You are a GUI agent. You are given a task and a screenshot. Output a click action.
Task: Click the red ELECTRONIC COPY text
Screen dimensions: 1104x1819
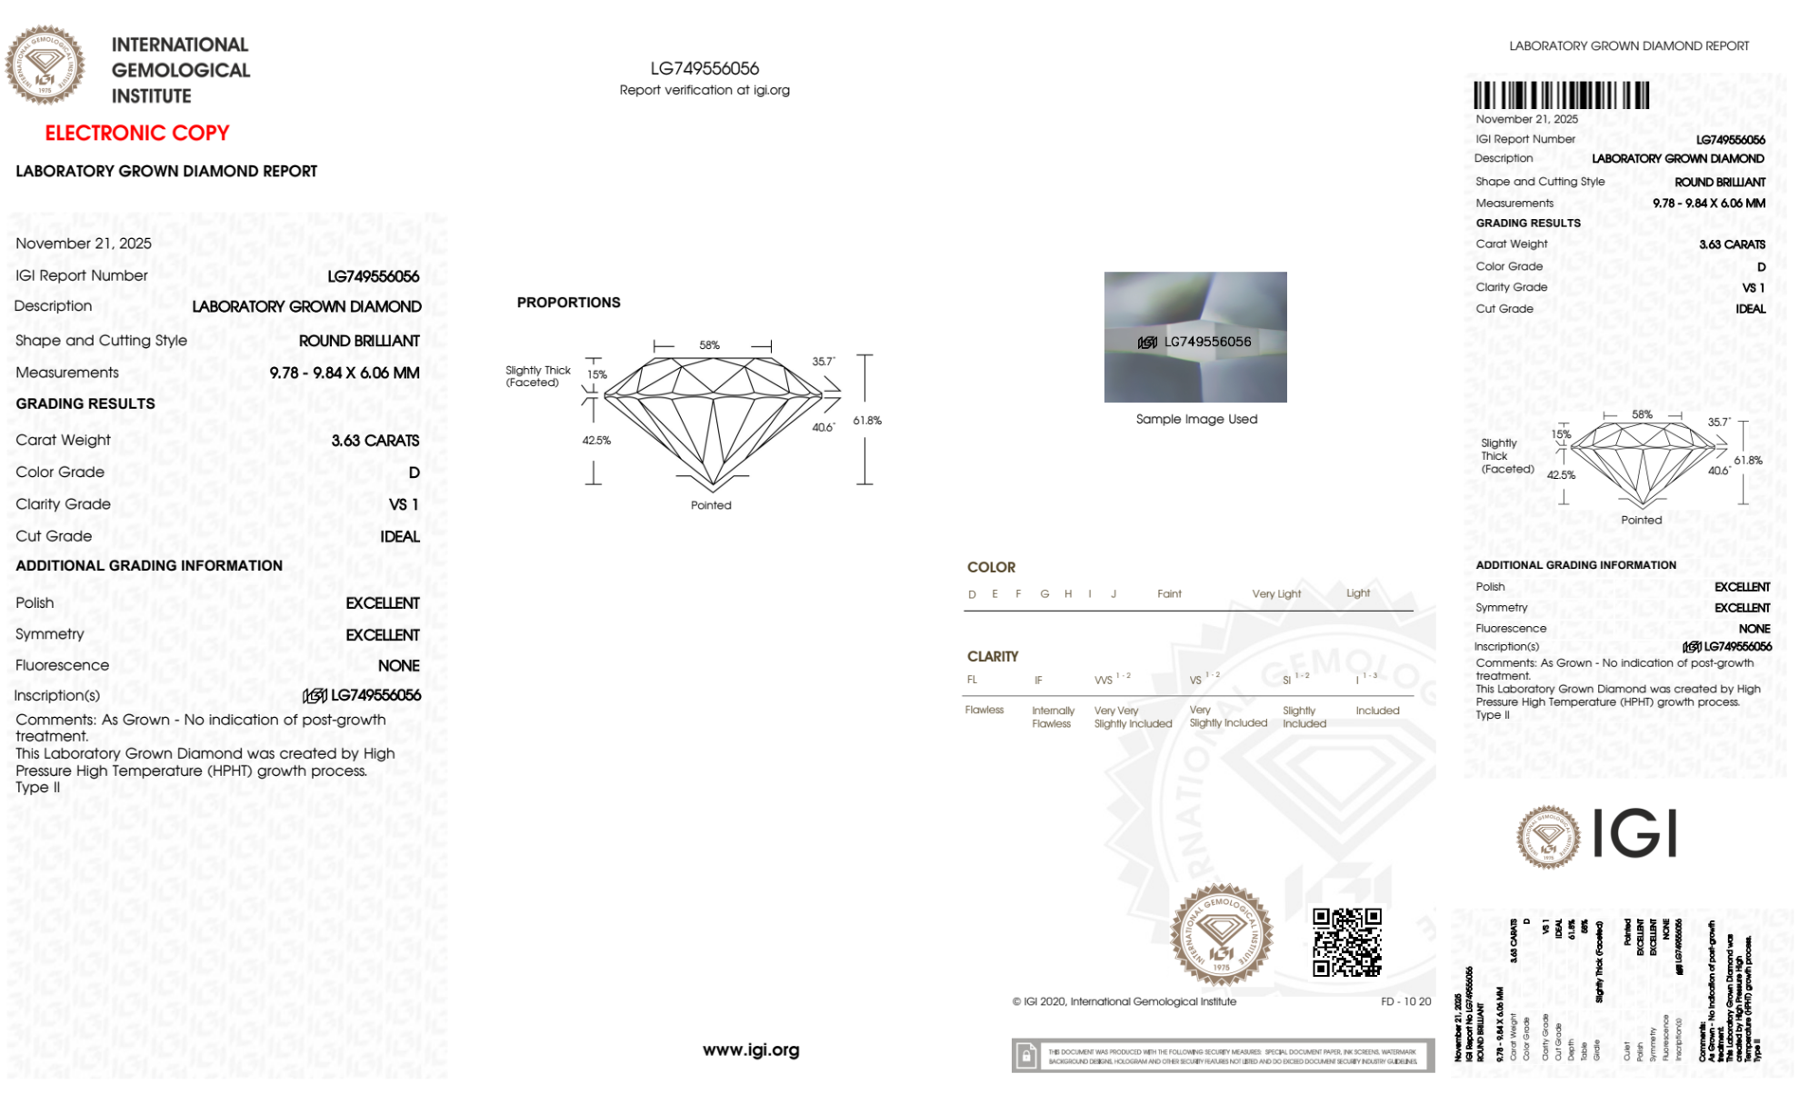(x=136, y=133)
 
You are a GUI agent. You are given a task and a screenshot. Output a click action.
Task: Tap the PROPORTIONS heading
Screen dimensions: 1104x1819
(x=568, y=303)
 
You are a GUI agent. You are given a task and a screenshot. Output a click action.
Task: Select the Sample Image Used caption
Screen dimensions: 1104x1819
(x=1196, y=419)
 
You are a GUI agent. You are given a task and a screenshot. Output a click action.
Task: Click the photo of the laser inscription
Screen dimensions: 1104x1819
(x=1195, y=337)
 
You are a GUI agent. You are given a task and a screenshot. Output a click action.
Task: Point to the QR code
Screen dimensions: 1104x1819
(x=1347, y=942)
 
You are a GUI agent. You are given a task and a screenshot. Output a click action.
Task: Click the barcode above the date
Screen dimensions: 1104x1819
(x=1561, y=95)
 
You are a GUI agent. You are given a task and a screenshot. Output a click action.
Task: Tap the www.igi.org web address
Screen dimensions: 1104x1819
(x=751, y=1049)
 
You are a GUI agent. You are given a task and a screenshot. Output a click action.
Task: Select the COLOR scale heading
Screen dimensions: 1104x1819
(x=991, y=567)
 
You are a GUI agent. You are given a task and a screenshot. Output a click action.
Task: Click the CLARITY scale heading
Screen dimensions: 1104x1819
(x=993, y=656)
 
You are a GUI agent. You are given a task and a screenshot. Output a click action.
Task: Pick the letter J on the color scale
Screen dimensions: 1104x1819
(x=1114, y=594)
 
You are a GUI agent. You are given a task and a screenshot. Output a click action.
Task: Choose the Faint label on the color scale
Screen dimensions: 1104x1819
(x=1169, y=594)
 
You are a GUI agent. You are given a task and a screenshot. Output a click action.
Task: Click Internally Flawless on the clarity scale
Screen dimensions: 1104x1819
(x=1053, y=717)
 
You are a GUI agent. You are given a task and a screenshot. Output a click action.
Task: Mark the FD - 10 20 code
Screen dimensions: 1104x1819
(x=1405, y=1001)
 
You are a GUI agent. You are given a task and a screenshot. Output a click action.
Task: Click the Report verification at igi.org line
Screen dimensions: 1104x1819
(x=705, y=90)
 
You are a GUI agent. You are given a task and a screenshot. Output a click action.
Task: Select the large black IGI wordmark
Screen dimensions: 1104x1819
(x=1635, y=834)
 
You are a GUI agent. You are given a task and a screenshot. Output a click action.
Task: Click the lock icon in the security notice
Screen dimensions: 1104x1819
(x=1026, y=1056)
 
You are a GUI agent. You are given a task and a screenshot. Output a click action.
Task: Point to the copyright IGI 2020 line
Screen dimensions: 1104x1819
(x=1124, y=1001)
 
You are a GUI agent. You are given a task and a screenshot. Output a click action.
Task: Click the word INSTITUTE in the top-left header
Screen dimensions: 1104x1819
(x=151, y=96)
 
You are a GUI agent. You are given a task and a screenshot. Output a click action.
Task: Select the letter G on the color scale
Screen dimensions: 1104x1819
(x=1044, y=594)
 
